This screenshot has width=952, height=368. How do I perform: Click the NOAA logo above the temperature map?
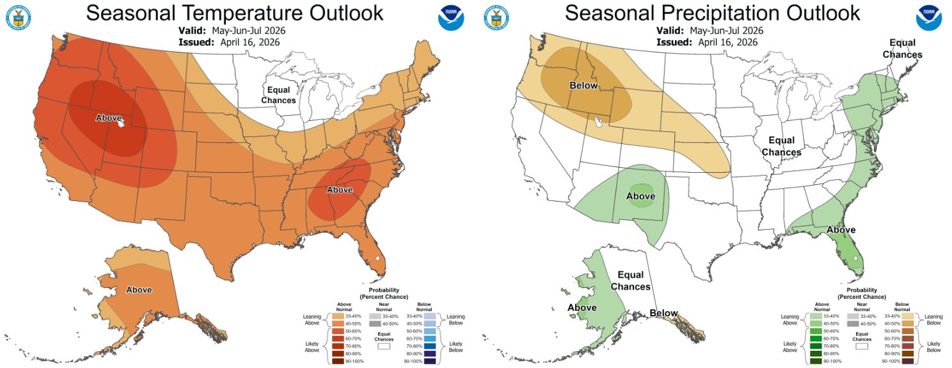tap(451, 17)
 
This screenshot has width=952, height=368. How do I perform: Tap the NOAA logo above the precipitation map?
tap(928, 17)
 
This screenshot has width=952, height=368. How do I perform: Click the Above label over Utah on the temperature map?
tap(108, 118)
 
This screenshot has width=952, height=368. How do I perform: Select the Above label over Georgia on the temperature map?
tap(340, 189)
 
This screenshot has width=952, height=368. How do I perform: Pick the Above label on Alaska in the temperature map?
tap(139, 289)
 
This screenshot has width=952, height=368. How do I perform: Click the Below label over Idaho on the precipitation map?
tap(583, 86)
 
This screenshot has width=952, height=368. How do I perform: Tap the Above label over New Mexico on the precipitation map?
tap(640, 196)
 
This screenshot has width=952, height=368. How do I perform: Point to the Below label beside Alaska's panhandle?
tap(663, 313)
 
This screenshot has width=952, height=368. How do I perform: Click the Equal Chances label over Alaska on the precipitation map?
tap(630, 281)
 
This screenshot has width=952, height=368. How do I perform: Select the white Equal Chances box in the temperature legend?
tap(384, 346)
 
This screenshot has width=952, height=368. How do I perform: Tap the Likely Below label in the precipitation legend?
tap(933, 346)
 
